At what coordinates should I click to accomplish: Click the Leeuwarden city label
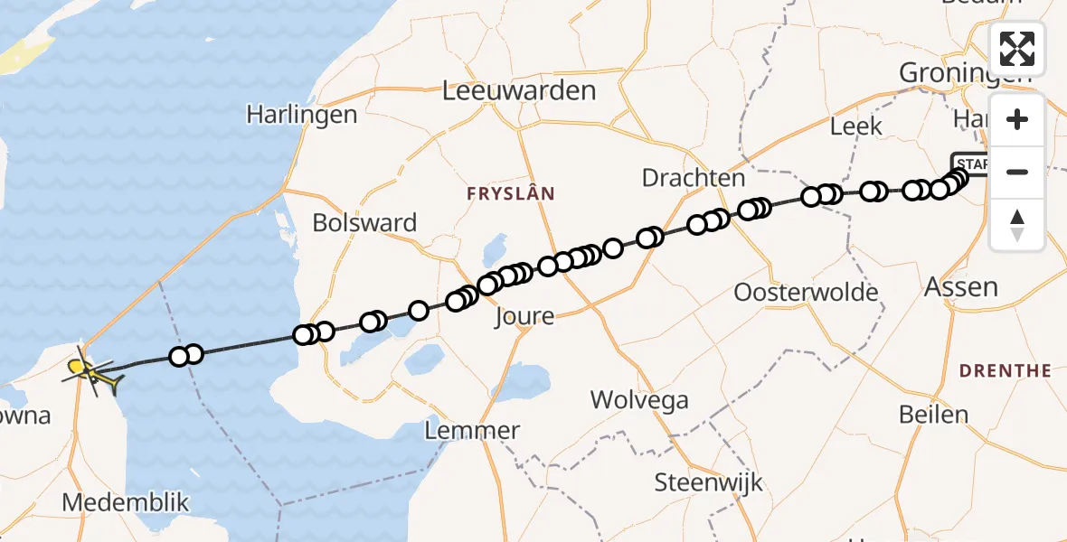click(520, 90)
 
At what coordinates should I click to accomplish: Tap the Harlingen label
click(301, 116)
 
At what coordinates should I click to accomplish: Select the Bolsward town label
click(364, 222)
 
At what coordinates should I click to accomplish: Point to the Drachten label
click(693, 178)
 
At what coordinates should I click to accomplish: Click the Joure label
click(524, 316)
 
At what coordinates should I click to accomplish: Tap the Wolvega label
click(639, 399)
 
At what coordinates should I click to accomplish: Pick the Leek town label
click(855, 126)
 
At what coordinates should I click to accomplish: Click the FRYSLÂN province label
click(510, 193)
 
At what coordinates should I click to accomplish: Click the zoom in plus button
click(1017, 119)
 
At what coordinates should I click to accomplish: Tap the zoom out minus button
click(1017, 172)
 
